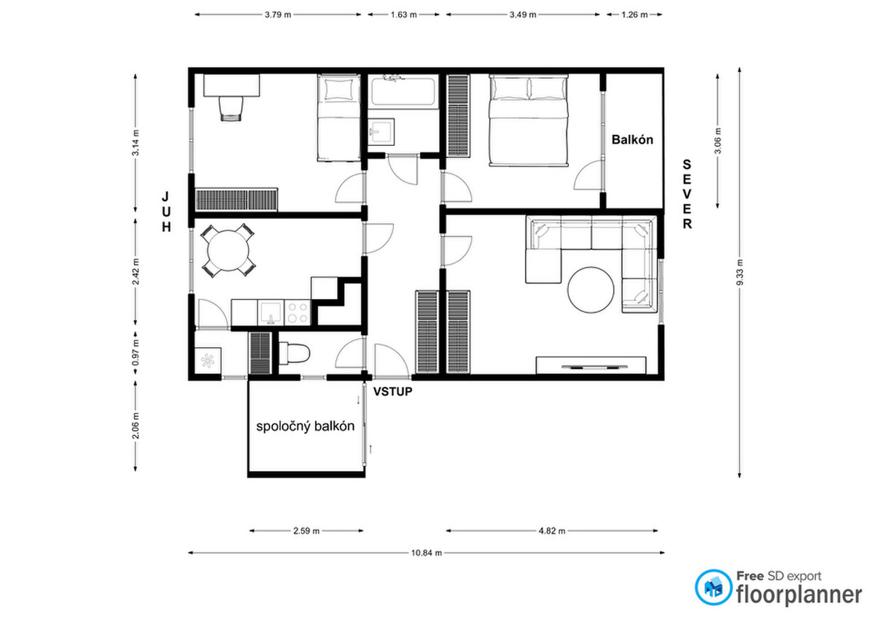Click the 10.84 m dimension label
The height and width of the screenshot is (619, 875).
pos(427,553)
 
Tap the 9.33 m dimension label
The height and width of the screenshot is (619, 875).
pos(739,272)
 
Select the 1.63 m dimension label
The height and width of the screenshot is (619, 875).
pos(404,15)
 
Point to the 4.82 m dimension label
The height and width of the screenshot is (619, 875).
pos(552,531)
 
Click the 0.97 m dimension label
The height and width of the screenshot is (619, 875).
pos(136,352)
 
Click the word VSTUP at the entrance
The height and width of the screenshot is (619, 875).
pos(392,392)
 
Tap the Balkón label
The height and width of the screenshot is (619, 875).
pos(632,139)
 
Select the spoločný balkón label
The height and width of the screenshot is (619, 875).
pos(305,426)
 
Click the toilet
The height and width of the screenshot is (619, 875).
pos(294,353)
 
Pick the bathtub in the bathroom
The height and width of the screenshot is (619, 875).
pos(403,91)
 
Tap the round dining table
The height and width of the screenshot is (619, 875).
pos(228,250)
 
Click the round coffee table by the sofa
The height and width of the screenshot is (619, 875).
pos(591,289)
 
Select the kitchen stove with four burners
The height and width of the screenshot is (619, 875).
pos(297,313)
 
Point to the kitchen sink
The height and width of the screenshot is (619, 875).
pos(271,313)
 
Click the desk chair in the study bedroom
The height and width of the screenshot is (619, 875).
pos(231,108)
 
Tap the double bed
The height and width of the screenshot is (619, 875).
pos(528,120)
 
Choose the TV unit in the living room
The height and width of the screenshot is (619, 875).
pos(591,365)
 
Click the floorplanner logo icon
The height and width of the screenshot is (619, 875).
pos(713,587)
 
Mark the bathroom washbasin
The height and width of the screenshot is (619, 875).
pos(381,132)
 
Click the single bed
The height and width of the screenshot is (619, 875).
pos(338,117)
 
